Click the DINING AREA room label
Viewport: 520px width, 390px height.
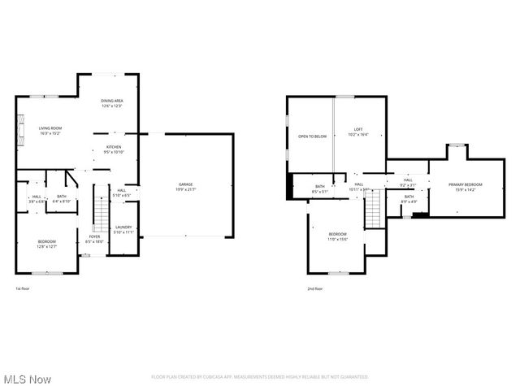tap(111, 103)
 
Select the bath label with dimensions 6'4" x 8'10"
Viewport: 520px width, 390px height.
tap(61, 198)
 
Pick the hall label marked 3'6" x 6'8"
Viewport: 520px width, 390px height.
tap(37, 198)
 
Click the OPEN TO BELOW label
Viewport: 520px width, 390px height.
tap(312, 136)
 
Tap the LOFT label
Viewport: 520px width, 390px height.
tap(357, 132)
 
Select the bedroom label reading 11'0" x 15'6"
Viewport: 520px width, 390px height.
tap(337, 236)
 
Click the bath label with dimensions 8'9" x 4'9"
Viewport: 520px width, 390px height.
tap(409, 198)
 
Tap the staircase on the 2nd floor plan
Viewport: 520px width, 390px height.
tap(372, 210)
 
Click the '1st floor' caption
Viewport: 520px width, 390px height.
tap(24, 288)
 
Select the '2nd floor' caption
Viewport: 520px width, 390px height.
tap(314, 288)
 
